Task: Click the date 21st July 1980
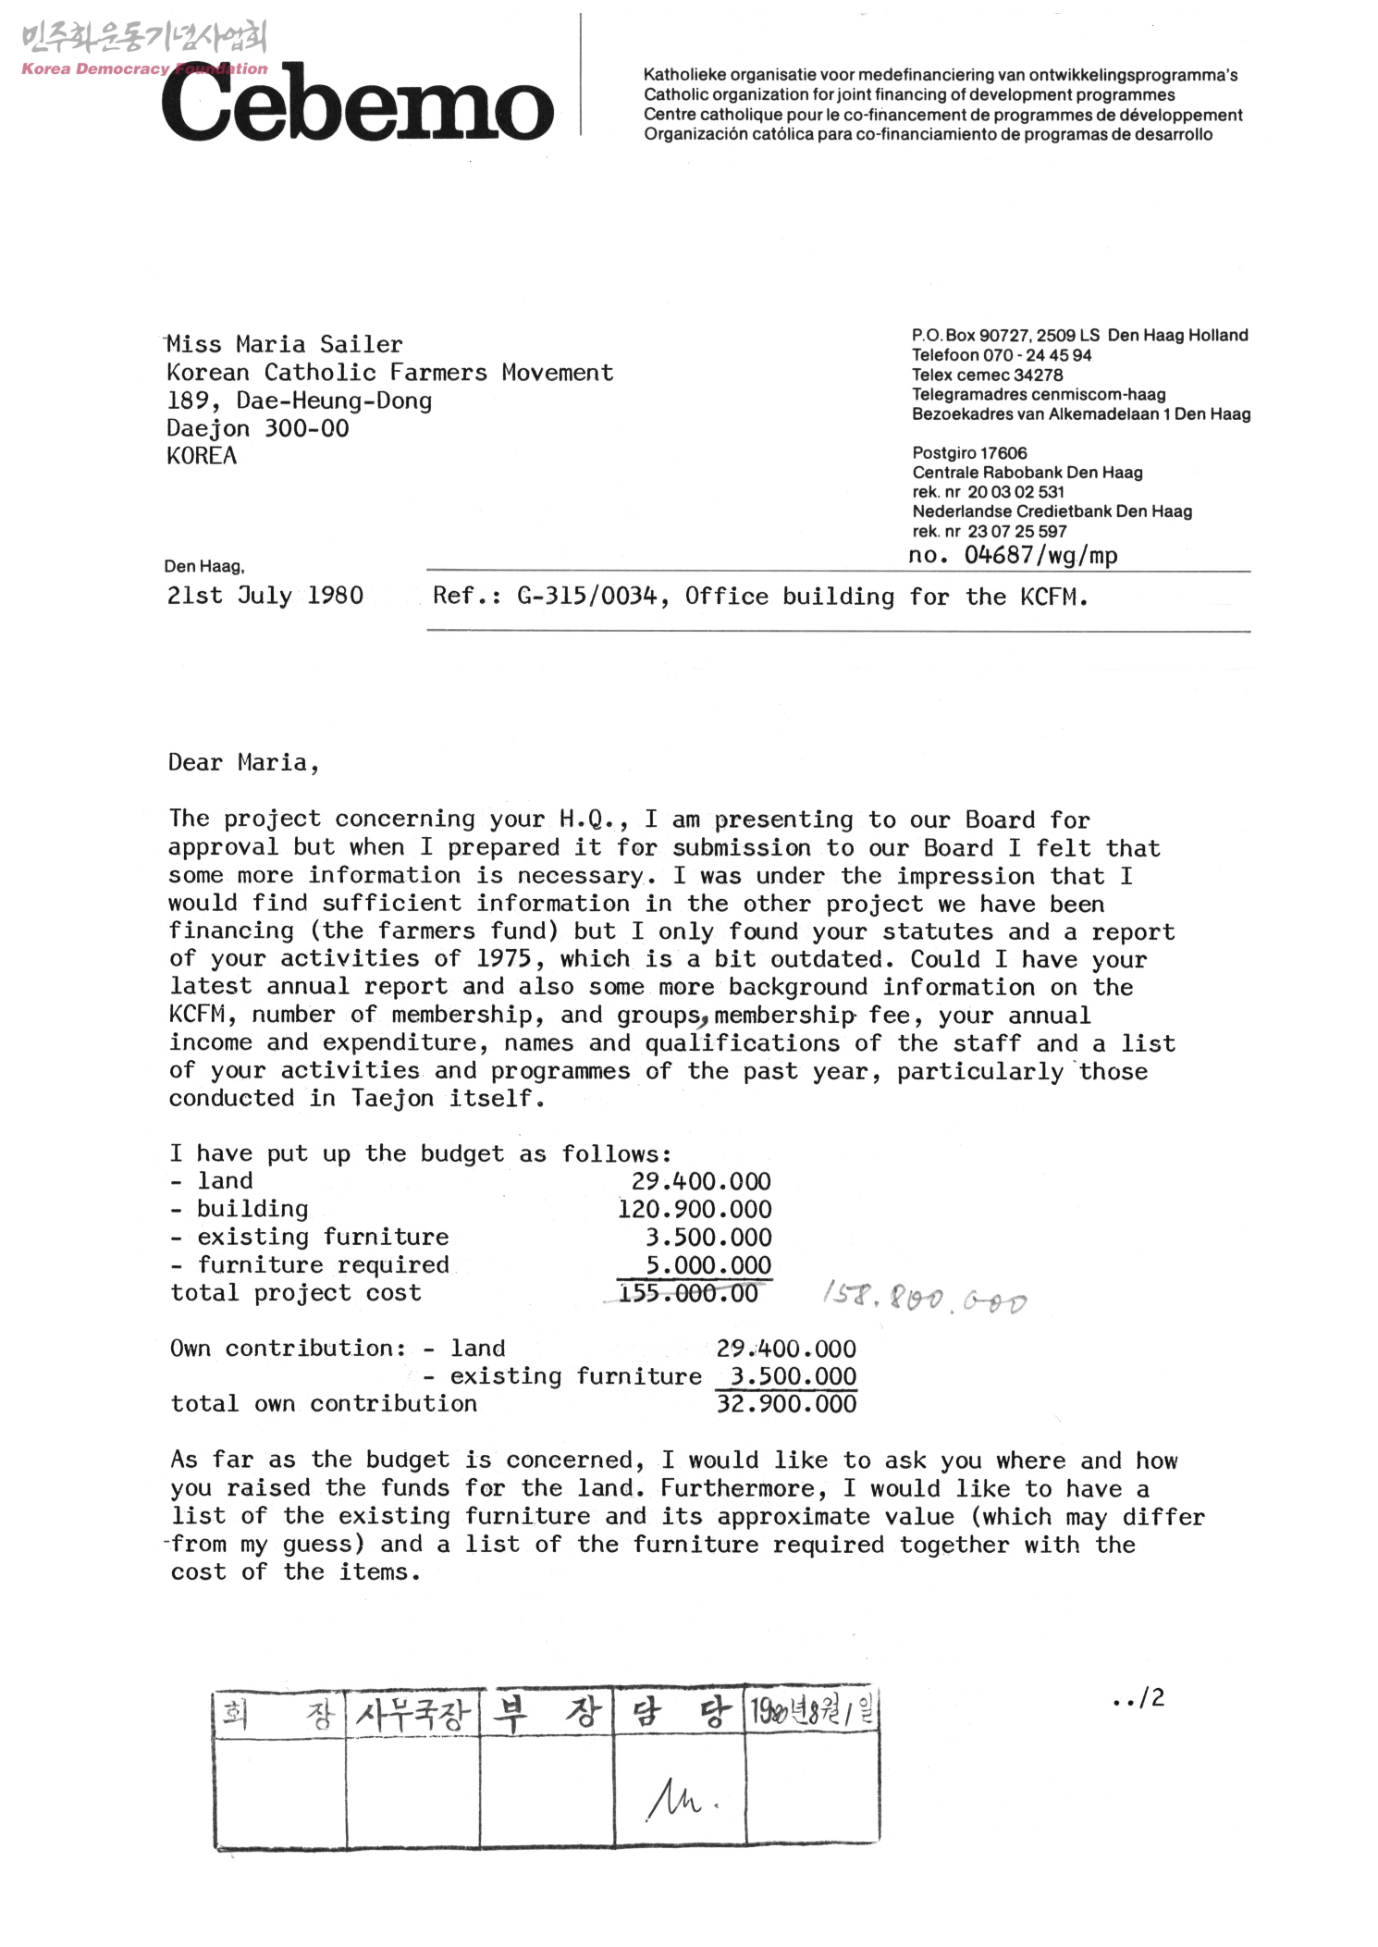[x=265, y=596]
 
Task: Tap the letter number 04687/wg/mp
[x=1040, y=555]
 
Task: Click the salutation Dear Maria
[x=243, y=763]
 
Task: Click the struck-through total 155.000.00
[x=688, y=1293]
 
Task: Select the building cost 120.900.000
[x=694, y=1210]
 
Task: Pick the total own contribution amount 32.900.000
[x=786, y=1404]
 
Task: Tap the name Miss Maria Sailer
[x=285, y=345]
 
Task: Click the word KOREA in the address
[x=202, y=456]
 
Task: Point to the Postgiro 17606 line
[x=969, y=453]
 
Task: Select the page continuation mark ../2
[x=1139, y=1697]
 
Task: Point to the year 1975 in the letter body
[x=503, y=959]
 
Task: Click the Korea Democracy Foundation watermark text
[x=144, y=68]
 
